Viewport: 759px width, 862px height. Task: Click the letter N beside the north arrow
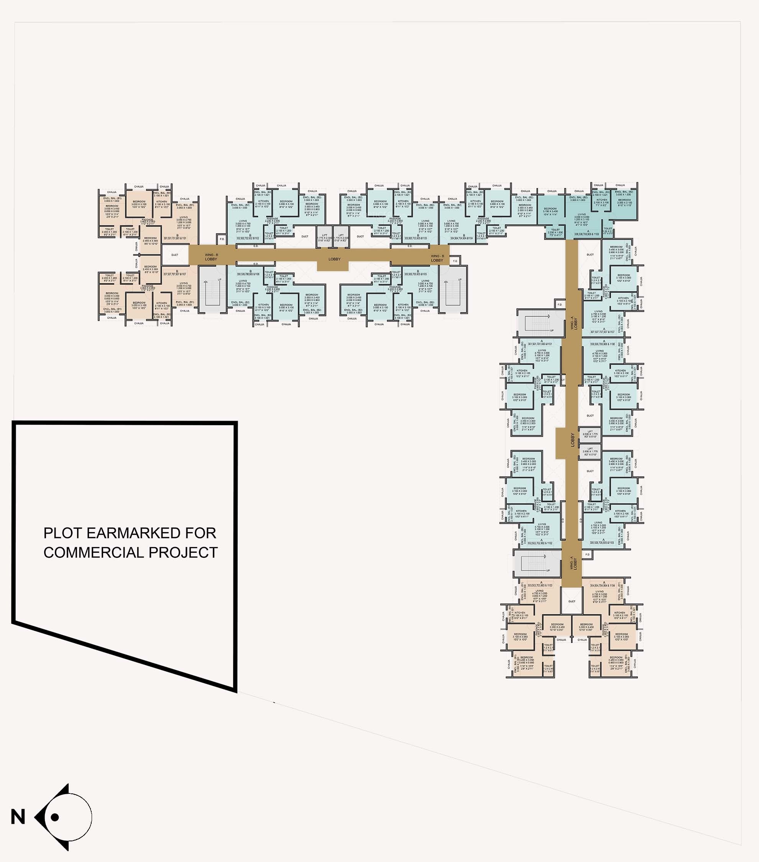(18, 817)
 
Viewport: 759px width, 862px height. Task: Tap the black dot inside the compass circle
(54, 817)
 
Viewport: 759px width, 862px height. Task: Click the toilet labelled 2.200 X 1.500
(555, 231)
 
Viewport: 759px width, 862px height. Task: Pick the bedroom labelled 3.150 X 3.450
(550, 211)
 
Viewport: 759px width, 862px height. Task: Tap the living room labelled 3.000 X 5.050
(582, 217)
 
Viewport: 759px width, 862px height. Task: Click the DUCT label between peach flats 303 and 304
(572, 601)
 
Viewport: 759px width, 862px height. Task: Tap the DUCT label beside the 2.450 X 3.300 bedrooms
(175, 255)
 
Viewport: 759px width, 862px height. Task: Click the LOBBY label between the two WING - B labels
(334, 259)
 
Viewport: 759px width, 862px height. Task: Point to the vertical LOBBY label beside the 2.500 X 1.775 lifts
(573, 440)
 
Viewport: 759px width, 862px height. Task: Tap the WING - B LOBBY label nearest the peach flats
(211, 257)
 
